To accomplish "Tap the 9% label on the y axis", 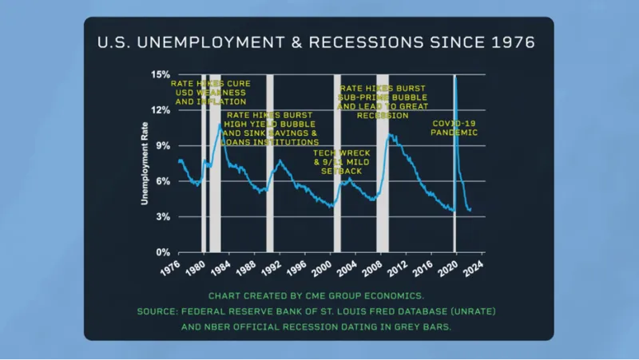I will pyautogui.click(x=162, y=146).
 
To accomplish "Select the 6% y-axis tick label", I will pyautogui.click(x=162, y=181).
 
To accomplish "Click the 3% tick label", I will pyautogui.click(x=162, y=217).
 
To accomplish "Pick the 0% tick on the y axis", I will pyautogui.click(x=162, y=252).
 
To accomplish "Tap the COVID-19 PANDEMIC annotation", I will pyautogui.click(x=454, y=129).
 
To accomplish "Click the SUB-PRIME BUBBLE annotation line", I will pyautogui.click(x=382, y=97).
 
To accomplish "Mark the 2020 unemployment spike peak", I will pyautogui.click(x=455, y=77).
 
